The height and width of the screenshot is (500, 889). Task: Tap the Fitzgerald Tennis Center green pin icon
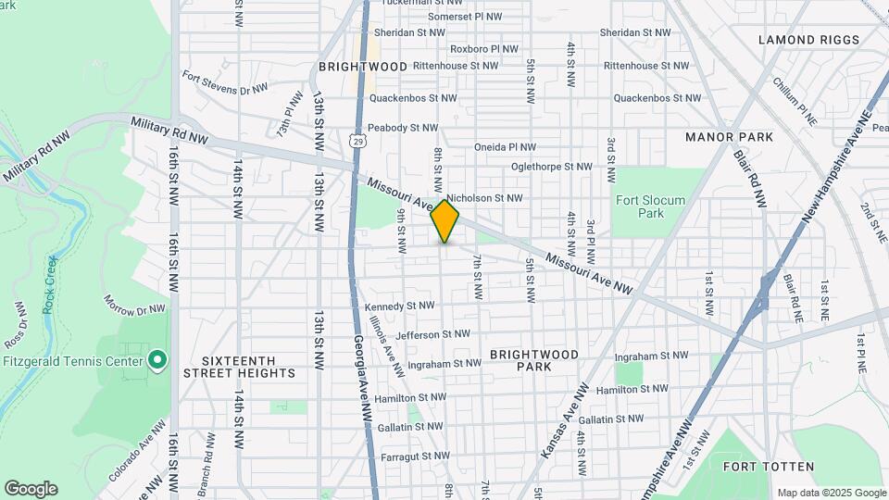coord(157,358)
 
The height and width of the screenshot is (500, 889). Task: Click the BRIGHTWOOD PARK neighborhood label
coord(534,360)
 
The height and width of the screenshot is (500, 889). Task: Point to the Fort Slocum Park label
coord(650,206)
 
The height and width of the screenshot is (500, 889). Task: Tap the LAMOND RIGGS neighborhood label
coord(808,40)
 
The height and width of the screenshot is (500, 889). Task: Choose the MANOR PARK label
coord(729,137)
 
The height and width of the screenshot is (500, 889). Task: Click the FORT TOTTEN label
coord(769,467)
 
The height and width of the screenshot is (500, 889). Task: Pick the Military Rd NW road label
coord(169,131)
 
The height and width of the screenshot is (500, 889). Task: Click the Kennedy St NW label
coord(399,306)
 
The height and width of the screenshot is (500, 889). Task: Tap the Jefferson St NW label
coord(432,334)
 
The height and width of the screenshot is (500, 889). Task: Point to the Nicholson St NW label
coord(484,198)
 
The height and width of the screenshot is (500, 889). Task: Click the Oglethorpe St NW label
coord(551,168)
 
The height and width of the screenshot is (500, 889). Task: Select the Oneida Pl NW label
coord(505,146)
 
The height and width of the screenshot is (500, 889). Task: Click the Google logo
coord(31,489)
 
